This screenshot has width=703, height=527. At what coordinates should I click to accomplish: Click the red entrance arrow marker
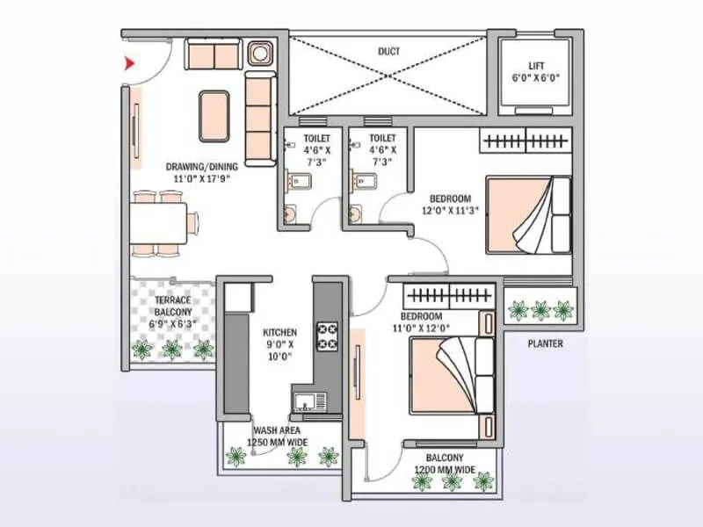click(129, 63)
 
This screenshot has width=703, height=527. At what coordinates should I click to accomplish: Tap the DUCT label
click(388, 52)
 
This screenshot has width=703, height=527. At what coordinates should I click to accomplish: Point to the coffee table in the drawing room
click(214, 115)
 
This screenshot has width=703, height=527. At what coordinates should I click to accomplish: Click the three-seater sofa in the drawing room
click(260, 119)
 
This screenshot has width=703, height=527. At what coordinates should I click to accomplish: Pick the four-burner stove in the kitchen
click(328, 336)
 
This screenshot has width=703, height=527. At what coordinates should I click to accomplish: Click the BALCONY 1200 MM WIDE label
click(446, 464)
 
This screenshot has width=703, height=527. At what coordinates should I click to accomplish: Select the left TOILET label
click(316, 150)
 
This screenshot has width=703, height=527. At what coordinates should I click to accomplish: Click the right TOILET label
click(382, 150)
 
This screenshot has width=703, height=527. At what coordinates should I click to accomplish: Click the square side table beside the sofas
click(260, 55)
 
